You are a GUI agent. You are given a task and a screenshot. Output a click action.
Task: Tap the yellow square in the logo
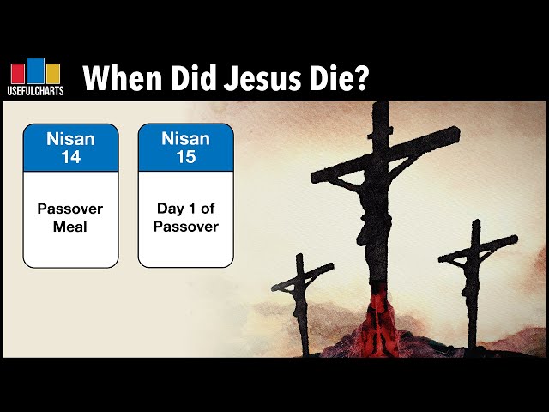(x=52, y=73)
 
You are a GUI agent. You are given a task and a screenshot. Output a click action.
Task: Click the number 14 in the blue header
(x=70, y=157)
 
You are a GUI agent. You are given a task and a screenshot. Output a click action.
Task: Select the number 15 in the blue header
(x=185, y=157)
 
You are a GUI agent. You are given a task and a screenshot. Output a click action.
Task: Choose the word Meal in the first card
(x=70, y=227)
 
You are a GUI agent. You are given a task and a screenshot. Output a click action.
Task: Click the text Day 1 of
(x=185, y=208)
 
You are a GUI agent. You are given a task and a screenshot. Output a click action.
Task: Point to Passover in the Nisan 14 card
(x=70, y=208)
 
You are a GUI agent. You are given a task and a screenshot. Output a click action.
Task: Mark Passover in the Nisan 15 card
(x=185, y=227)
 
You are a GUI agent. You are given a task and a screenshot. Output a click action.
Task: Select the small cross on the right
(x=474, y=257)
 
